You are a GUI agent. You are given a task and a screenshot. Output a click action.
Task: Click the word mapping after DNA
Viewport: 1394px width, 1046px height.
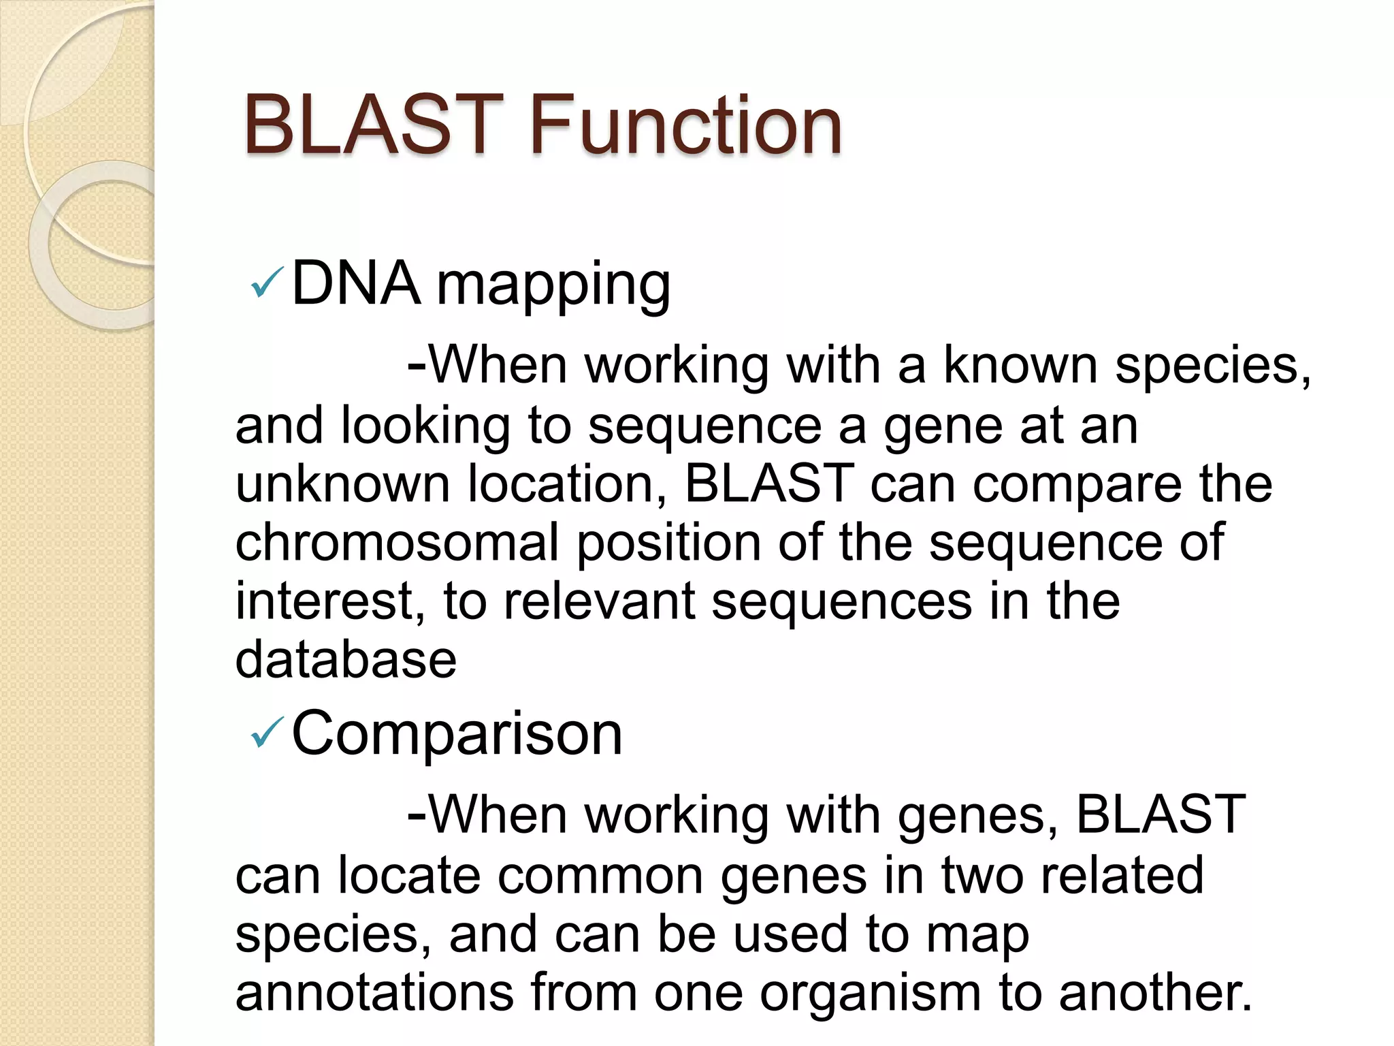coord(553,286)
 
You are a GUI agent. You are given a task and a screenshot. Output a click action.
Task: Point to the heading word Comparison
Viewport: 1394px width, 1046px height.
coord(457,734)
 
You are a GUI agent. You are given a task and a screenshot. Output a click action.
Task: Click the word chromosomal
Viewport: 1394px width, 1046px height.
coord(397,542)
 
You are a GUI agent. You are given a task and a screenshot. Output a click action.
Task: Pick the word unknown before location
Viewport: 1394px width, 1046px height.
coord(342,484)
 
